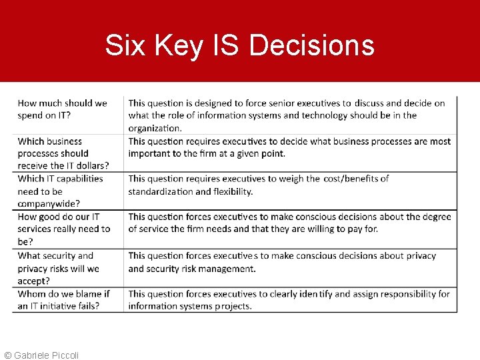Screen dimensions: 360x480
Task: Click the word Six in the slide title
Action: pos(125,46)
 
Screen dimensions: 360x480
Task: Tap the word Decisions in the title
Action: pos(311,46)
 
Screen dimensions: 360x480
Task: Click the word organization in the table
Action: pos(155,128)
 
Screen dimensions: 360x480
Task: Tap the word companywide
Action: pos(49,204)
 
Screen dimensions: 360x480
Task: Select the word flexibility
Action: pos(231,191)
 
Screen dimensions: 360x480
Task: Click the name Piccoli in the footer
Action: pos(63,355)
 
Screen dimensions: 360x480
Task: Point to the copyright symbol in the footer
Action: pos(7,355)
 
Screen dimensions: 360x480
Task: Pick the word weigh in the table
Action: pos(291,179)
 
